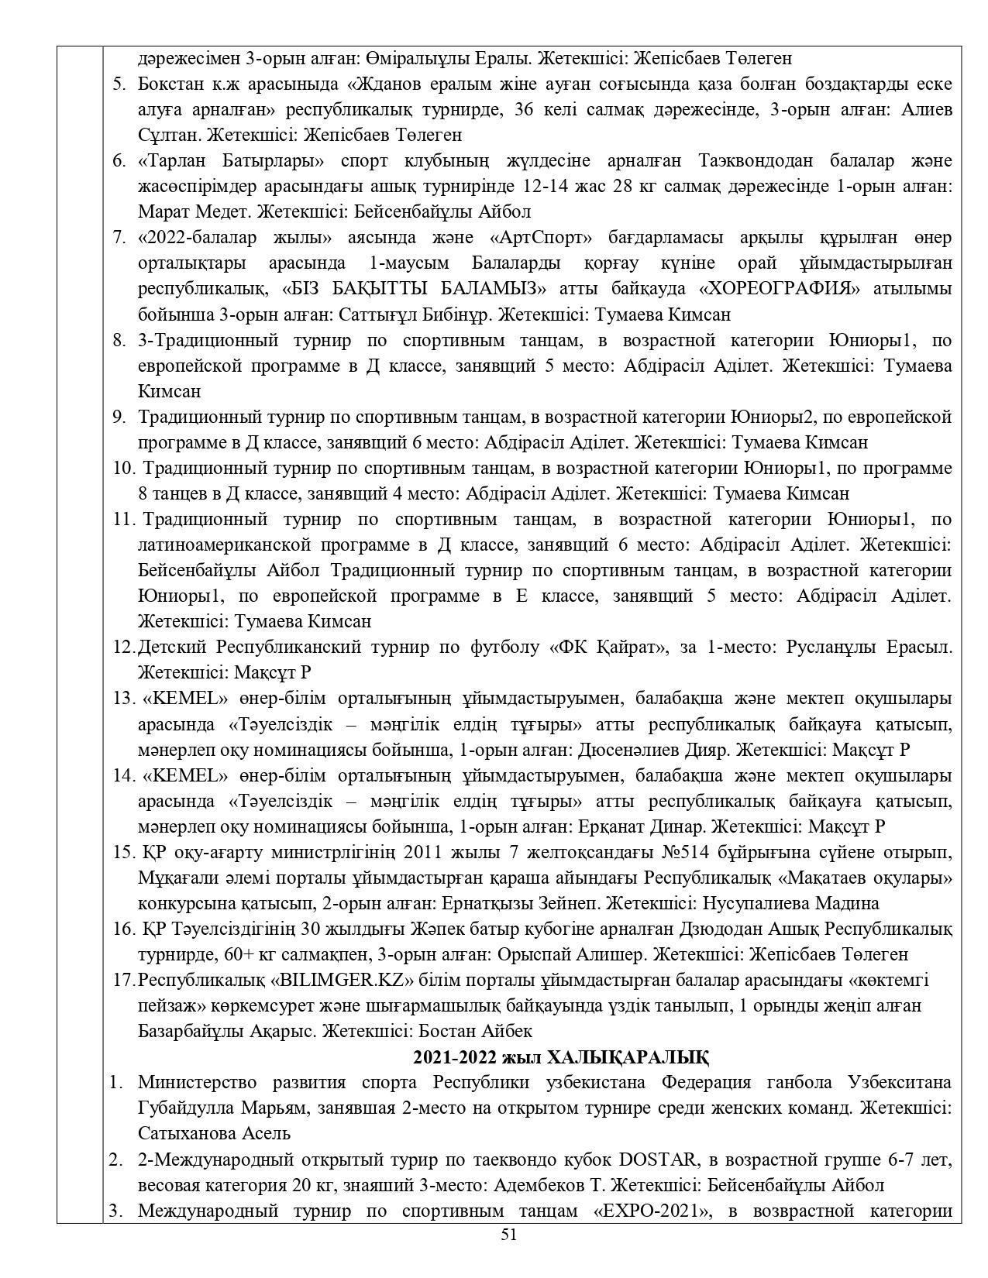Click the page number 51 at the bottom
(508, 1235)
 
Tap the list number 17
(124, 980)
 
